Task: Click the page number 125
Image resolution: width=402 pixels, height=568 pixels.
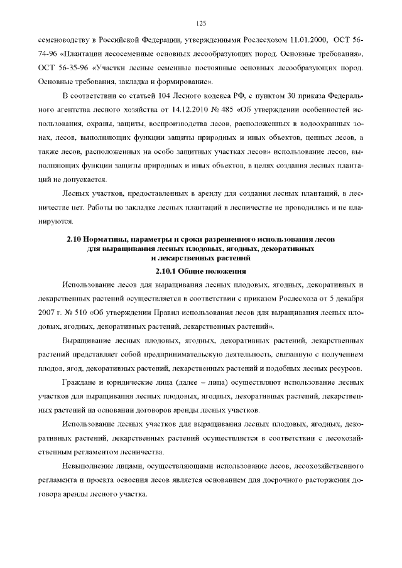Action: (x=201, y=23)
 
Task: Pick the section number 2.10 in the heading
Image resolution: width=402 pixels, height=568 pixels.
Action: (x=75, y=240)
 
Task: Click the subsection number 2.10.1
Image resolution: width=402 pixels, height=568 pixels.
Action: (x=165, y=271)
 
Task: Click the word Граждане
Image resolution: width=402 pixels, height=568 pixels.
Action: (x=80, y=383)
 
